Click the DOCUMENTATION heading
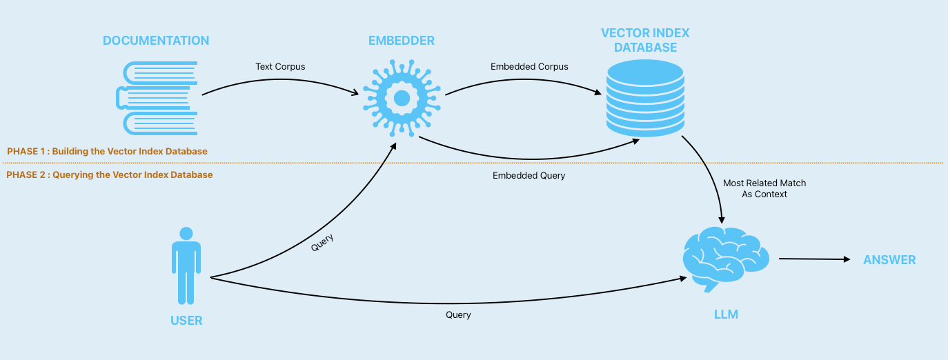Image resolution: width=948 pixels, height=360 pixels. point(156,41)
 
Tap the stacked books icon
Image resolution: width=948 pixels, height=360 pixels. point(157,97)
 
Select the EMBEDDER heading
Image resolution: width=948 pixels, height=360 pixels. point(402,41)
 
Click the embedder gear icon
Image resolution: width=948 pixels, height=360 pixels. point(402,97)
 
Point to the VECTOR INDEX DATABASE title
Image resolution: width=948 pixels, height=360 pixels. point(645,40)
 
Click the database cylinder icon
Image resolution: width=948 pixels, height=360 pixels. point(644,97)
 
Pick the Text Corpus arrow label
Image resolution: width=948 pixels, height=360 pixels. point(280,67)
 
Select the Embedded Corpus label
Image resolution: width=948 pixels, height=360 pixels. point(529,67)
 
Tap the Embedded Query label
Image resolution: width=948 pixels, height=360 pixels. point(529,176)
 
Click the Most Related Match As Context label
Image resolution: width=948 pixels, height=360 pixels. point(764,189)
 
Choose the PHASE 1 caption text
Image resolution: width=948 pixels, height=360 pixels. point(107,151)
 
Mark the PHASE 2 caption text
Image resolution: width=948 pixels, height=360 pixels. point(110,174)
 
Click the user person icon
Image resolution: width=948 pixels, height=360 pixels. point(186,266)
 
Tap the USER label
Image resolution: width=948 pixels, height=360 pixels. point(186,321)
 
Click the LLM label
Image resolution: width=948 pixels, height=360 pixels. point(726,314)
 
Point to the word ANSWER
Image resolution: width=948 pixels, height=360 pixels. point(889,260)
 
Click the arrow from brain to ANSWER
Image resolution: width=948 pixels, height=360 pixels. point(814,259)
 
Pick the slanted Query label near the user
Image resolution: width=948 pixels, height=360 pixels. point(322,242)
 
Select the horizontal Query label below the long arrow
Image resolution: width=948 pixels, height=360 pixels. point(458,314)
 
